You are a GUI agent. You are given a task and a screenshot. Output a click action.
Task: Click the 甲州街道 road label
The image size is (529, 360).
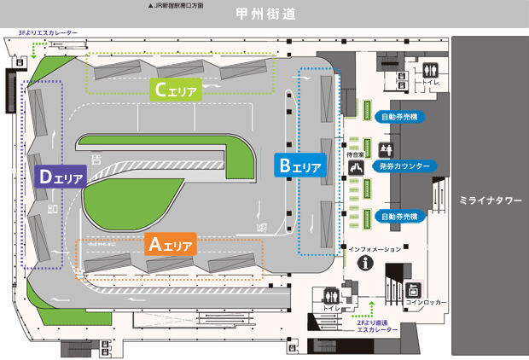[264, 15]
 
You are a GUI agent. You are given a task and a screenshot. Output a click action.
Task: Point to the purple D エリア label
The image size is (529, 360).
[59, 177]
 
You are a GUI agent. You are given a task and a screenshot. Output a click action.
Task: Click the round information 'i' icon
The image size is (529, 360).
[369, 264]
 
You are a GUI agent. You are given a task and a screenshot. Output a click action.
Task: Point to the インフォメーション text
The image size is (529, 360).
[375, 248]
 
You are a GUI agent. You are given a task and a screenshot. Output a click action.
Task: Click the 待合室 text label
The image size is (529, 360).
[356, 154]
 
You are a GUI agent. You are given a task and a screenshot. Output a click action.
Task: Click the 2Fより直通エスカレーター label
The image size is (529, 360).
[378, 326]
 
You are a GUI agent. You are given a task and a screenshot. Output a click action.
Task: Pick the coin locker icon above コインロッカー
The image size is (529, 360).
[415, 289]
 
